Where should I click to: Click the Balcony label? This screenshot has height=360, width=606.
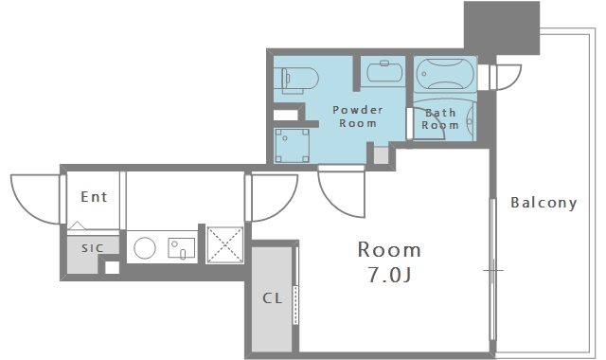point(544,203)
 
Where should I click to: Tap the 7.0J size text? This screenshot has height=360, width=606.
point(389,276)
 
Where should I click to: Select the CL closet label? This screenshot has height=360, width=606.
point(273,298)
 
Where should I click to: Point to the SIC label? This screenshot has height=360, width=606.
point(93,248)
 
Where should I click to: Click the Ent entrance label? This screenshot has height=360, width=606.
point(94,197)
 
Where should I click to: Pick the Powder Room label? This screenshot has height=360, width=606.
point(358,117)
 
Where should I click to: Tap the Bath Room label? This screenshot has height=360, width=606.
point(440,118)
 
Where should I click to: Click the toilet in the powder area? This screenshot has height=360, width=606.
point(296,80)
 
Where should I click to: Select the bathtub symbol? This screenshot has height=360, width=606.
point(445,74)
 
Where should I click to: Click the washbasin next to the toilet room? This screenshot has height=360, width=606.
point(384,72)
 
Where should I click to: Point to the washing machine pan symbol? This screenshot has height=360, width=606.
point(292,146)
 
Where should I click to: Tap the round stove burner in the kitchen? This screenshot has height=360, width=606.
point(145,248)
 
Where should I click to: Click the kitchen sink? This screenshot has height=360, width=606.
point(181,248)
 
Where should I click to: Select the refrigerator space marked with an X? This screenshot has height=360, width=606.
point(225,245)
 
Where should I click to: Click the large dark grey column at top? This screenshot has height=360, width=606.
point(502,27)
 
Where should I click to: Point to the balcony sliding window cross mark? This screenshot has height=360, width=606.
point(493,270)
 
